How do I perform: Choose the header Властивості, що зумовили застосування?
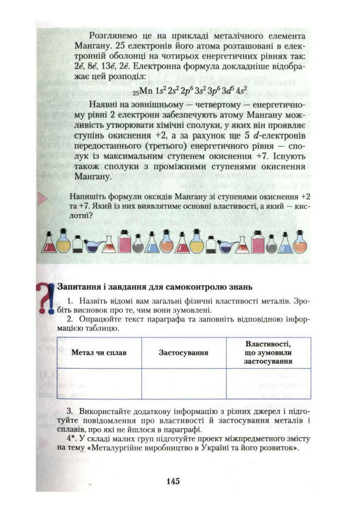(268, 353)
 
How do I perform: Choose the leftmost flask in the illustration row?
(49, 242)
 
